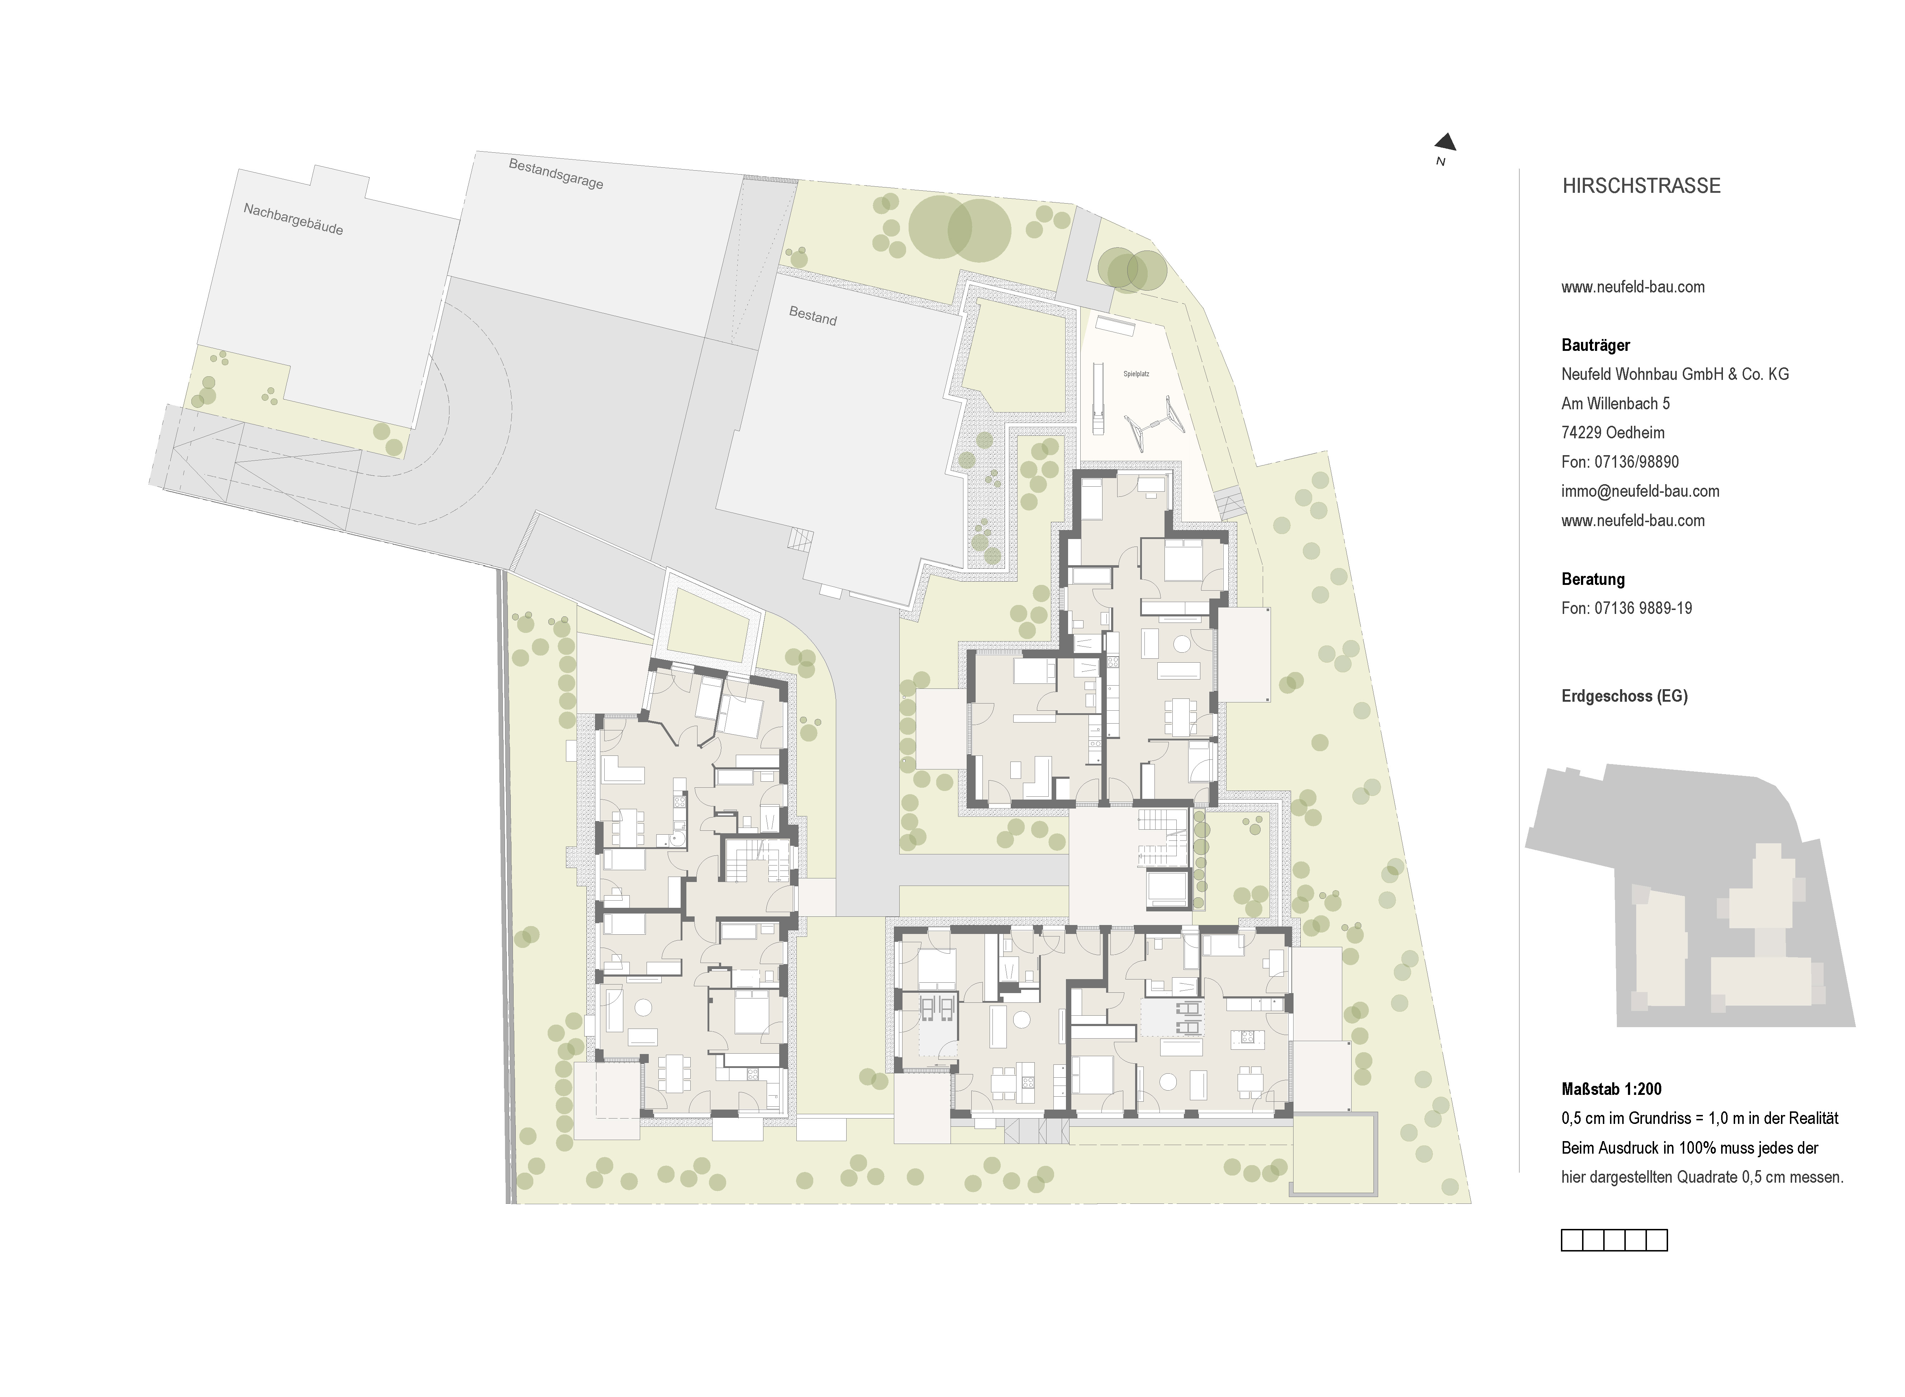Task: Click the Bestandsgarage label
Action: click(x=556, y=173)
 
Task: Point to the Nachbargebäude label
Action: click(x=292, y=219)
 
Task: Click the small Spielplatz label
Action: click(x=1137, y=373)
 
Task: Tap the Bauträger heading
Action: click(x=1596, y=345)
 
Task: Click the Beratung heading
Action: click(x=1593, y=579)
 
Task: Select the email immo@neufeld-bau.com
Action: click(x=1640, y=491)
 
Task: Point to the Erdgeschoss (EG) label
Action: click(x=1624, y=696)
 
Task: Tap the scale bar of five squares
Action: click(x=1614, y=1240)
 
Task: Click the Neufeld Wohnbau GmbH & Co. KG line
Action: click(x=1675, y=374)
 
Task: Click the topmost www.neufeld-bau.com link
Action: click(x=1633, y=287)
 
